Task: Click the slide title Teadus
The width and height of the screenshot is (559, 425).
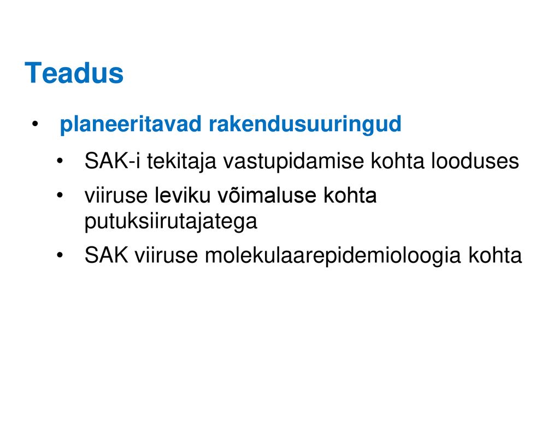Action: (x=74, y=73)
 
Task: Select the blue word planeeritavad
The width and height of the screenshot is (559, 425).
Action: (x=131, y=125)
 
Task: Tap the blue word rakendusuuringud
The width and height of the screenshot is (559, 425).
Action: (x=305, y=125)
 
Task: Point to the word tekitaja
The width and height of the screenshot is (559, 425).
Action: (x=182, y=162)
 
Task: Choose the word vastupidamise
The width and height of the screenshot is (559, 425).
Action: (x=294, y=162)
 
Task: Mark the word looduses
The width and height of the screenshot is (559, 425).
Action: (x=475, y=161)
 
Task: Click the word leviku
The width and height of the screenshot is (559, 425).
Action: (x=183, y=196)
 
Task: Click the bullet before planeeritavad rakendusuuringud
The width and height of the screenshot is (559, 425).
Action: (x=35, y=125)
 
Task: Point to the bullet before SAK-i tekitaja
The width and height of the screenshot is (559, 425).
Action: (x=60, y=161)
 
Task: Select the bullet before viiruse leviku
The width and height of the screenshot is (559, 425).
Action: (x=60, y=196)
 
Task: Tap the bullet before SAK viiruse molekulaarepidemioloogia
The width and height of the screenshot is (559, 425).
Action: (x=60, y=255)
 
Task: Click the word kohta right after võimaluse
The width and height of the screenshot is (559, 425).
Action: (x=350, y=196)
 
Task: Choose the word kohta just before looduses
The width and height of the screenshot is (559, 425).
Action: (x=398, y=161)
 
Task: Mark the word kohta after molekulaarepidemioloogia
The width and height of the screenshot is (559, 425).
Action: (x=495, y=255)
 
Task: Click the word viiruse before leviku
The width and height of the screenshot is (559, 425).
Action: (x=116, y=196)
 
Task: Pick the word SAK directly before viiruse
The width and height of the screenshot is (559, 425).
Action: (x=106, y=255)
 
